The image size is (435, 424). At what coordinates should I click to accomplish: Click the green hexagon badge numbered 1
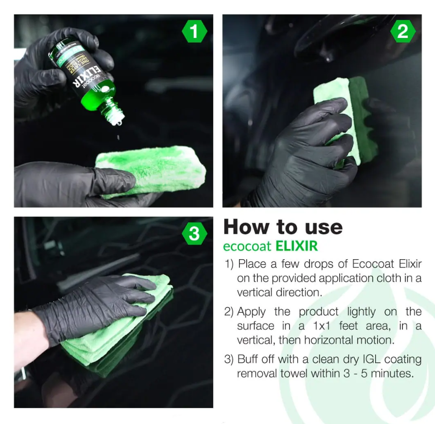pyautogui.click(x=194, y=32)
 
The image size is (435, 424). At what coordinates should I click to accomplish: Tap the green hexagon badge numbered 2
pyautogui.click(x=402, y=32)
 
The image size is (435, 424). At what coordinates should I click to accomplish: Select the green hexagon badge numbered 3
pyautogui.click(x=194, y=234)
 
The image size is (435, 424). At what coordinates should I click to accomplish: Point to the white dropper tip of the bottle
pyautogui.click(x=117, y=117)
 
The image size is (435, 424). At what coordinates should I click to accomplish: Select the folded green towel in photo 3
pyautogui.click(x=117, y=336)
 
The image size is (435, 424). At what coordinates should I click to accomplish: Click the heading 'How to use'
pyautogui.click(x=283, y=227)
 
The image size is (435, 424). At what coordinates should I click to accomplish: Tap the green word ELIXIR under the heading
pyautogui.click(x=296, y=246)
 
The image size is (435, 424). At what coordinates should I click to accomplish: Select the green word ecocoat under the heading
pyautogui.click(x=248, y=246)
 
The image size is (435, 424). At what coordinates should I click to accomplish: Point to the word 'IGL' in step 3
pyautogui.click(x=348, y=359)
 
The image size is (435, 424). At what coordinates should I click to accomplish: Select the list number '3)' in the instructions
pyautogui.click(x=229, y=359)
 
